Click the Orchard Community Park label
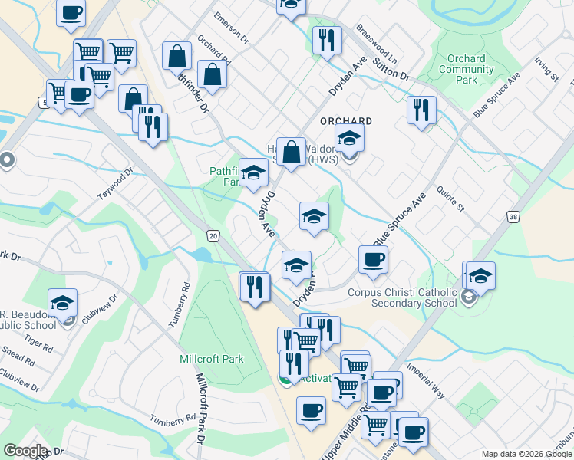(x=467, y=69)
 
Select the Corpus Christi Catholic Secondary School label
(x=407, y=297)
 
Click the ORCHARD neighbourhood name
(x=346, y=121)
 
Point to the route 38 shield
(x=512, y=219)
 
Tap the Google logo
(x=26, y=451)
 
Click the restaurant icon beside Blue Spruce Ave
(x=421, y=110)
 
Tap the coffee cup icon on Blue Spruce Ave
(x=373, y=259)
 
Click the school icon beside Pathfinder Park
(x=253, y=172)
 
